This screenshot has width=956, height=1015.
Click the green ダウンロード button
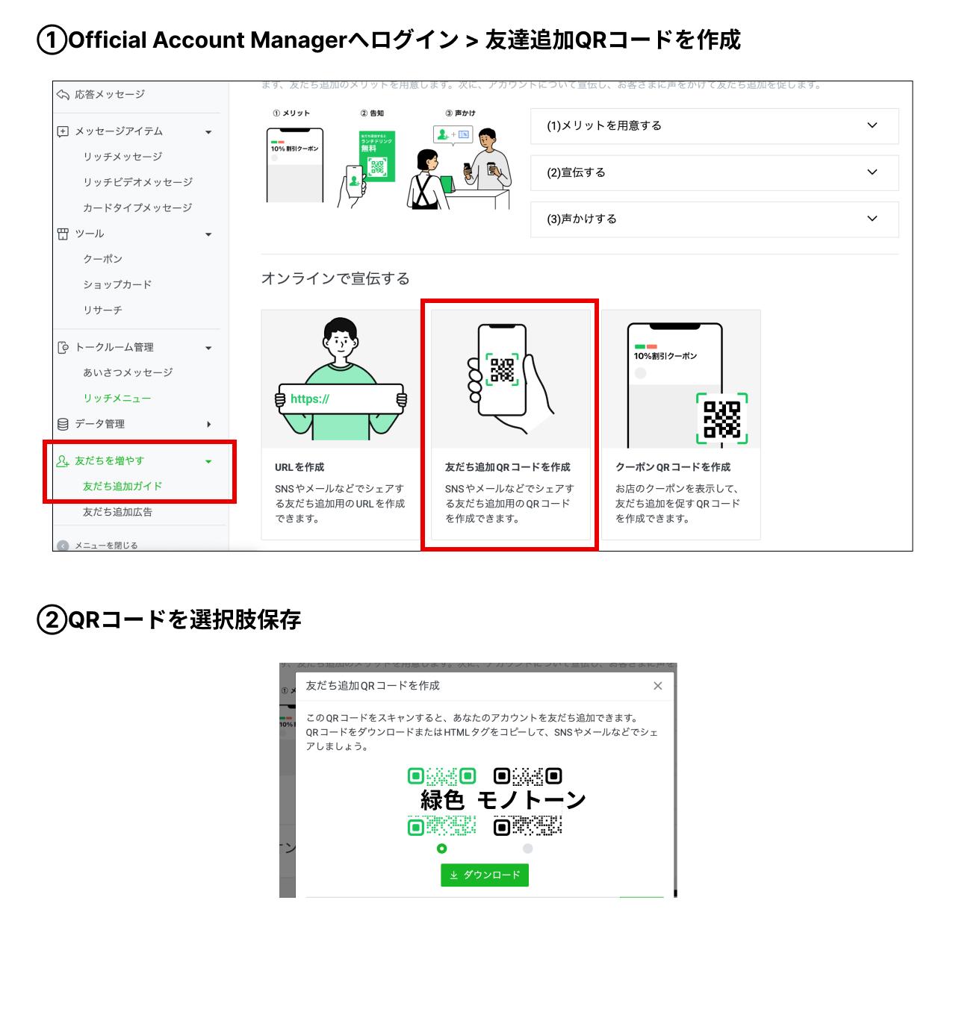485,875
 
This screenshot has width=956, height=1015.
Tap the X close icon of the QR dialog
657,686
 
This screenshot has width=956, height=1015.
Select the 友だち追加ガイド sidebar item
122,486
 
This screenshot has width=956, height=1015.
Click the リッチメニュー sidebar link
117,399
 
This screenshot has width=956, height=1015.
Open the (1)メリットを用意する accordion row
714,125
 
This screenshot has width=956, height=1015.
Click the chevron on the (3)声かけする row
872,219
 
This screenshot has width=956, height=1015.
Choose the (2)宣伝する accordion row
714,172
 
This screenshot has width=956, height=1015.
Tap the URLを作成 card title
299,467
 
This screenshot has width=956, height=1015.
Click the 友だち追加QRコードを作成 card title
508,467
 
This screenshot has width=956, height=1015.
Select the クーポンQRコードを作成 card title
673,467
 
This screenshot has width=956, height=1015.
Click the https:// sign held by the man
341,399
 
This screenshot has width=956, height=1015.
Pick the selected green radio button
442,849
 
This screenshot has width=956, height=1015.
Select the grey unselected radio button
527,849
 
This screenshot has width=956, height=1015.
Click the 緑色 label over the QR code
442,800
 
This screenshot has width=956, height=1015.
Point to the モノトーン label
531,800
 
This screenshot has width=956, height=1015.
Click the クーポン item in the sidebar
103,259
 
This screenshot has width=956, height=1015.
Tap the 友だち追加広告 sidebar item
117,512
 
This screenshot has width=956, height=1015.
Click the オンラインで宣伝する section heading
335,278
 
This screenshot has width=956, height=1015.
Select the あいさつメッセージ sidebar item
128,372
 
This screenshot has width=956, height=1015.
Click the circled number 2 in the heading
52,620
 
